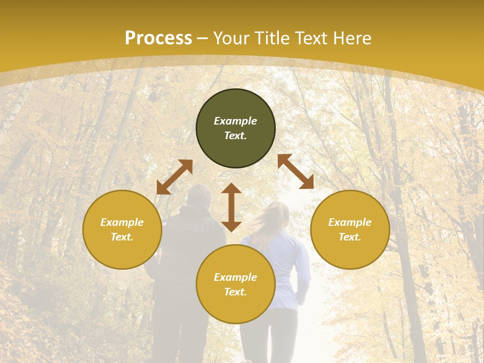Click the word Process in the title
tap(158, 38)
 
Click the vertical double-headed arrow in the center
tap(231, 207)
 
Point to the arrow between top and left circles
tap(174, 177)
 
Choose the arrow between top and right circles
tap(295, 171)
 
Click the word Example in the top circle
tap(235, 121)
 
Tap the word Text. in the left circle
tap(122, 237)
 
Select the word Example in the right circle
tap(350, 222)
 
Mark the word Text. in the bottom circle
tap(235, 292)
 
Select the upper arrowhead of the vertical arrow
tap(231, 189)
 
